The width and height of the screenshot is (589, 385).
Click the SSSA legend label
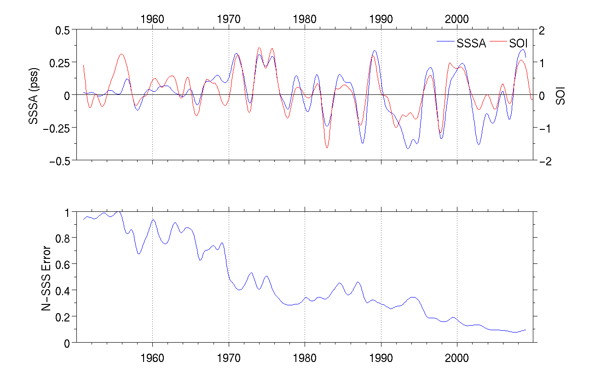click(471, 44)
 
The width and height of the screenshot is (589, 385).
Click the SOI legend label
click(518, 44)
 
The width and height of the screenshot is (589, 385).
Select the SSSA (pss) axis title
click(33, 95)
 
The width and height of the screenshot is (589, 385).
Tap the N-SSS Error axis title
click(46, 277)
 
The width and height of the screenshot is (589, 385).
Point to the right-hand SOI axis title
click(560, 95)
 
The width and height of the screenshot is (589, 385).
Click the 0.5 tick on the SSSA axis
click(61, 29)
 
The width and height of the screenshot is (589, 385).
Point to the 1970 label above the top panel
click(229, 19)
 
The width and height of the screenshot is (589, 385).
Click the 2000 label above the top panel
click(457, 19)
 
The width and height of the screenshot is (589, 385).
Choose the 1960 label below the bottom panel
click(152, 357)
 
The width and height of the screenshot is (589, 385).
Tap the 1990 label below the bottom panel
click(381, 357)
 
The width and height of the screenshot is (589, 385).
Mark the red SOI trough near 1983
click(327, 147)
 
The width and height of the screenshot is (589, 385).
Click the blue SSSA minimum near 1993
click(408, 148)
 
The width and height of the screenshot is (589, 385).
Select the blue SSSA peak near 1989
click(375, 51)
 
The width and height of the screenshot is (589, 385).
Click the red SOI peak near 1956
click(121, 54)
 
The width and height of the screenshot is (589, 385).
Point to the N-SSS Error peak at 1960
click(153, 220)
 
